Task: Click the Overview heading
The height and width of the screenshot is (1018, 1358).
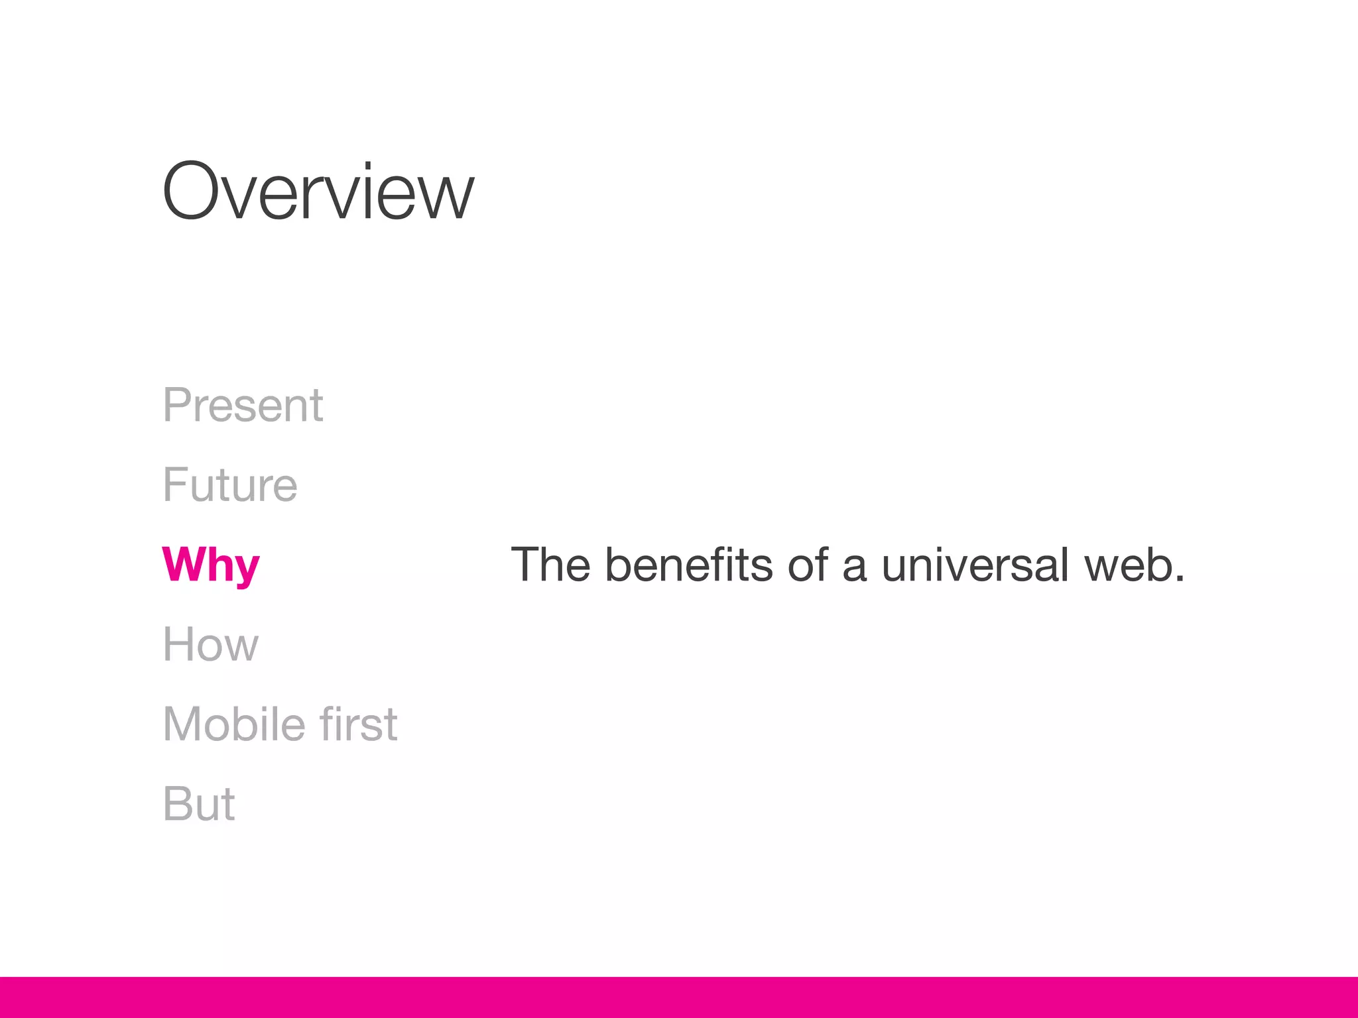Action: point(318,192)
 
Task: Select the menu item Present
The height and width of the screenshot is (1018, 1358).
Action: point(243,405)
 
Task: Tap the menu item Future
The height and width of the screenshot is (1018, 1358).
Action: point(230,484)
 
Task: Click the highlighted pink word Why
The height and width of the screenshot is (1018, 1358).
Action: point(211,565)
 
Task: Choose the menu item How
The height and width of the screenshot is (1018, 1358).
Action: point(211,644)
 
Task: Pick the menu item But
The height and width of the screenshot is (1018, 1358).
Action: point(199,804)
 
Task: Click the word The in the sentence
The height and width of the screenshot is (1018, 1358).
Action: point(550,565)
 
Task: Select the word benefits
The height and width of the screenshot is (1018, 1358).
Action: point(689,565)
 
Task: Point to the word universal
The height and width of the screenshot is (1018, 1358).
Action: point(975,565)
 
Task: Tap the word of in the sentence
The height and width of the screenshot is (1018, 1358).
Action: point(808,565)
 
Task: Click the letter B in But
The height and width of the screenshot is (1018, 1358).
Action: point(178,804)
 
